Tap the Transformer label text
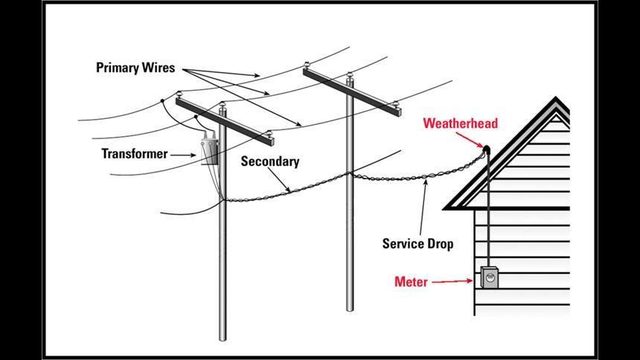pos(134,154)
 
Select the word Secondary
pos(270,161)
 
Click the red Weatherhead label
pos(460,124)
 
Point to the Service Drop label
pos(419,243)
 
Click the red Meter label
pos(412,283)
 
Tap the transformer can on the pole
pos(211,148)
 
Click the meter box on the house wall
pos(489,277)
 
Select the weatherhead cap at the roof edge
pos(486,150)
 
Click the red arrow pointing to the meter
pos(454,282)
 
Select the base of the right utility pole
pos(350,306)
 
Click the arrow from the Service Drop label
pos(423,206)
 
